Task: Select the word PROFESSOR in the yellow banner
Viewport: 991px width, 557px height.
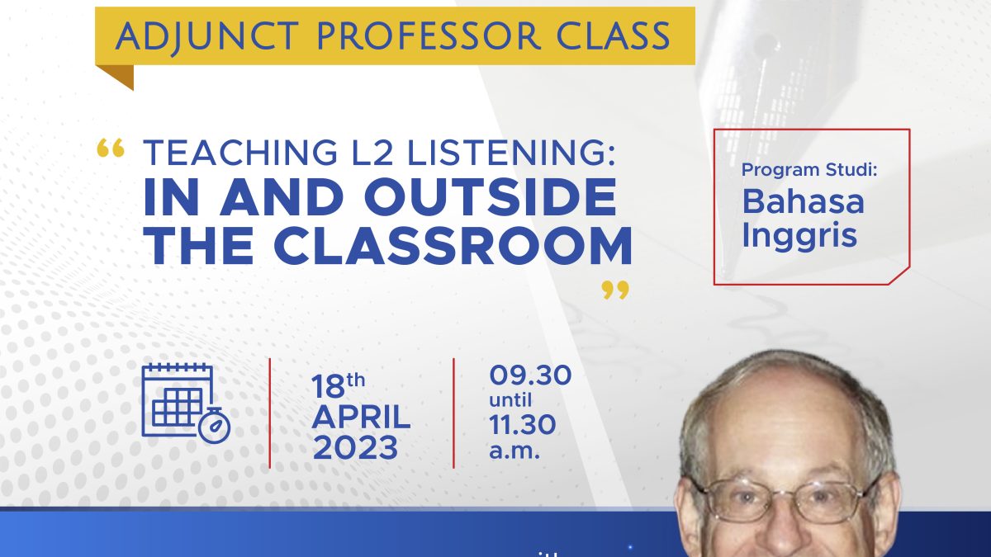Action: pos(429,35)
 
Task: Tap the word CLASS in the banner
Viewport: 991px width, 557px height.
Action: pos(613,35)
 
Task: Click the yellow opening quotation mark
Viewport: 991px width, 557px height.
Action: pos(111,148)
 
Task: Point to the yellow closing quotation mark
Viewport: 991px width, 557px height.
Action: pos(615,290)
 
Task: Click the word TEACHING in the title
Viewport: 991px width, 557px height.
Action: pos(239,153)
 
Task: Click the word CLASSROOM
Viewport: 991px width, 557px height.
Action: pos(453,245)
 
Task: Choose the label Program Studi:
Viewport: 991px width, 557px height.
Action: pos(809,170)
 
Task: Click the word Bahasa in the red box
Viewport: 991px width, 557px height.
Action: pos(803,202)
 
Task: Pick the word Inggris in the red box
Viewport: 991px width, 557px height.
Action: pos(799,236)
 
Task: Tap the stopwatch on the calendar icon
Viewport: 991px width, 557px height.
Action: pos(215,425)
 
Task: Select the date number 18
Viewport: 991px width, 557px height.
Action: pos(328,386)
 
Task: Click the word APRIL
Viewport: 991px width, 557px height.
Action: pos(362,417)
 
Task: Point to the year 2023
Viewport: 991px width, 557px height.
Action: pos(356,447)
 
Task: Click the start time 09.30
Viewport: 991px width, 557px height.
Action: pos(530,375)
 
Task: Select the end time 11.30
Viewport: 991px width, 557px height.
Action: pos(522,425)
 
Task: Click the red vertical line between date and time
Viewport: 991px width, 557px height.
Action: pos(453,413)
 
